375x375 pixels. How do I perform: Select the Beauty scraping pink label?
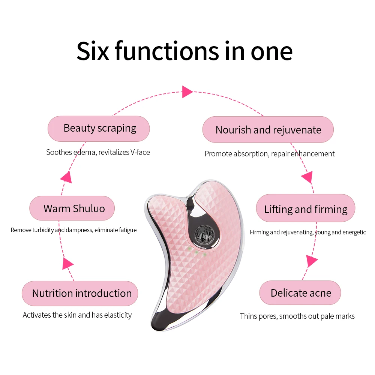99,128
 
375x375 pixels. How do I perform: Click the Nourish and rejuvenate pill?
268,130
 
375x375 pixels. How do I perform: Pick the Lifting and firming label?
306,209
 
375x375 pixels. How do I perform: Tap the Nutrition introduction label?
82,293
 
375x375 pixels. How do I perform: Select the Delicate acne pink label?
301,293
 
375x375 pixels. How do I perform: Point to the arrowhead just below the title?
187,91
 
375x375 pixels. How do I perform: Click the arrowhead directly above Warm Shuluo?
66,177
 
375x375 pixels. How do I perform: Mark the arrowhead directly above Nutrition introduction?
68,263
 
